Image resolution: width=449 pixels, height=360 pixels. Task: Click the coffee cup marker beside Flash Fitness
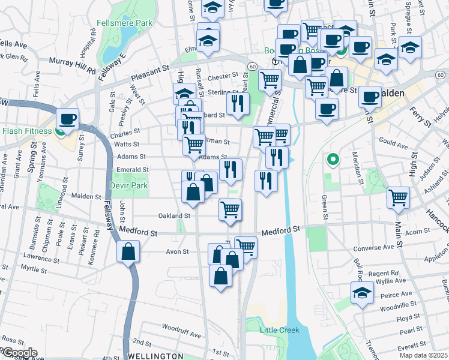point(68,119)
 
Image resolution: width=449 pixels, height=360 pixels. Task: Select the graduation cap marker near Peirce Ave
point(363,293)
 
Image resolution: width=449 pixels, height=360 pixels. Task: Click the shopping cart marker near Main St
point(398,197)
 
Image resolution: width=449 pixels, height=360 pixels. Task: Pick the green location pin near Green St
point(331,160)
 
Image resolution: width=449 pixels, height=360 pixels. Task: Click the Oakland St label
point(174,215)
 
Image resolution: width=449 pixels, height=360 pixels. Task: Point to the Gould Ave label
point(393,146)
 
